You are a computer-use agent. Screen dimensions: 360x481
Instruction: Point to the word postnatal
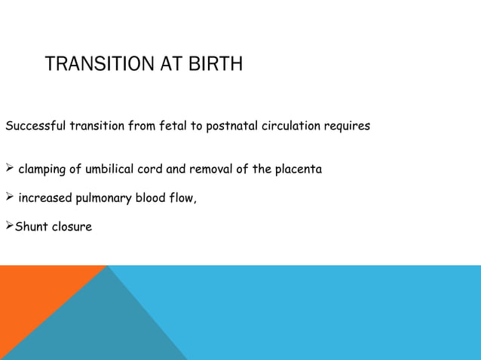231,126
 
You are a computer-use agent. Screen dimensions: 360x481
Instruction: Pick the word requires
347,126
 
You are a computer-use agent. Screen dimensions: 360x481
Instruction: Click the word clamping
44,169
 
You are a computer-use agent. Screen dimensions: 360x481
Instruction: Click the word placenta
299,169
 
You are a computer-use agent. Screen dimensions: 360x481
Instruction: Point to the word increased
44,199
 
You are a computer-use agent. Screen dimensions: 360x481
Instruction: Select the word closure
72,227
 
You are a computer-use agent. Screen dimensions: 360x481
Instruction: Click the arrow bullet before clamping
10,169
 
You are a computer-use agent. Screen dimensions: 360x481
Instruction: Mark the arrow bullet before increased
10,198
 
